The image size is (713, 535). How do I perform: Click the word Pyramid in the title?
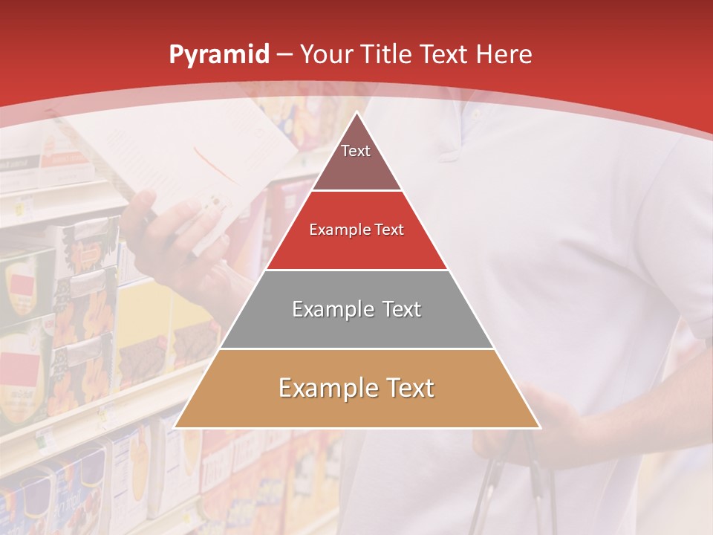(x=218, y=55)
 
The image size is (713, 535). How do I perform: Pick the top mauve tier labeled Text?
(x=356, y=160)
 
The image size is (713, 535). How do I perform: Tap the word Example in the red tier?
(x=335, y=230)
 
